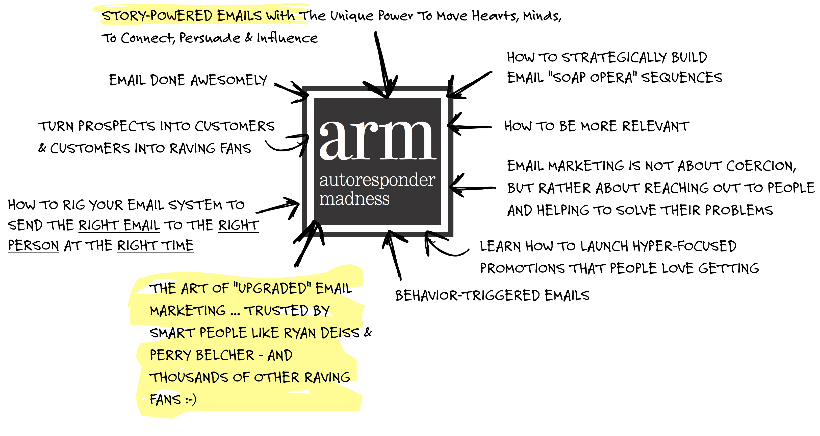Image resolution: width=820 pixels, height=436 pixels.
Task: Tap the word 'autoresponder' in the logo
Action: (377, 180)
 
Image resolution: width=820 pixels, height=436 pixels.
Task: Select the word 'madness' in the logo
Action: (354, 199)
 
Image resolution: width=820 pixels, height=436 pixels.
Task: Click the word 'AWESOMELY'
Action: (228, 80)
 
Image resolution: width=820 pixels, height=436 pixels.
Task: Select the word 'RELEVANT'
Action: (656, 126)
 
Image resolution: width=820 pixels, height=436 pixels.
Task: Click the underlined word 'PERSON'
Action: (33, 246)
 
